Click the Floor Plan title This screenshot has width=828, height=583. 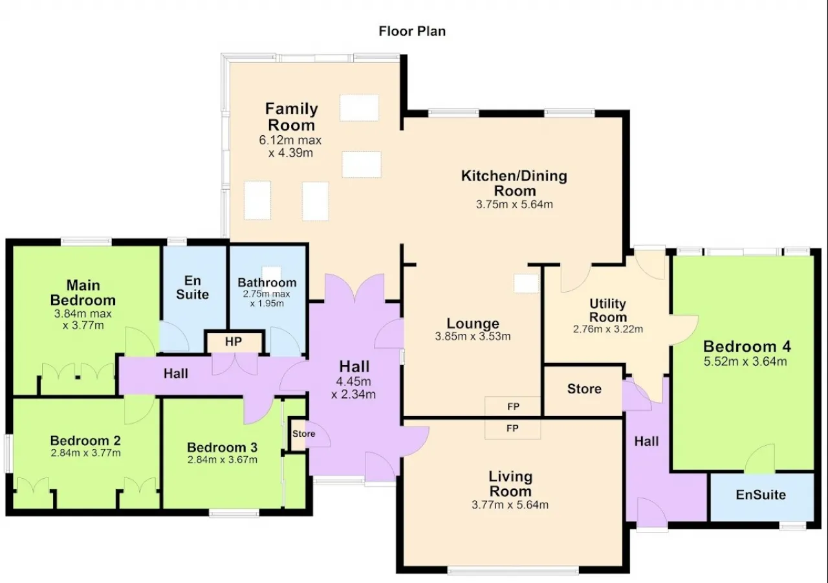pos(412,31)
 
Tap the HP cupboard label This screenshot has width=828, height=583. pos(234,342)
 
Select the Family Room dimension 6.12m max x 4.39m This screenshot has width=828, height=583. pos(290,146)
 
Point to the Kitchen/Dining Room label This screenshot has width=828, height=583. pos(514,183)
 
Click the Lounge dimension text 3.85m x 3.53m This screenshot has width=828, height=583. pos(473,336)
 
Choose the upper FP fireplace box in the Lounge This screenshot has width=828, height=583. pos(513,406)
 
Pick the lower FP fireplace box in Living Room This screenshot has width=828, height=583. pos(513,429)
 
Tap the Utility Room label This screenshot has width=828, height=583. pos(608,311)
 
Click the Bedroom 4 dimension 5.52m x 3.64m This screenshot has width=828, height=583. pos(745,362)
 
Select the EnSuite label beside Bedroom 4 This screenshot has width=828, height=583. pos(761,494)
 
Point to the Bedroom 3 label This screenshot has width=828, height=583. pos(222,447)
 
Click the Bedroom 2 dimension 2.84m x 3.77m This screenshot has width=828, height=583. pos(86,453)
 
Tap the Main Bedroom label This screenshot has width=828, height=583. pos(83,292)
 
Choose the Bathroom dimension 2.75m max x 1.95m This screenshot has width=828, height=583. pos(267,299)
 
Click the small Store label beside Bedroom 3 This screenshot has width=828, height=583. pos(304,434)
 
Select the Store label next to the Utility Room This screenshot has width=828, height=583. pos(584,389)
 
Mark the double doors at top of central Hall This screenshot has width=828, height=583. pos(354,289)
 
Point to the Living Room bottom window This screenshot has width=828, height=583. pos(513,571)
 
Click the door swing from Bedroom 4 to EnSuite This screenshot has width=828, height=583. pos(759,459)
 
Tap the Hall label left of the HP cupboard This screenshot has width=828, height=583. pos(176,373)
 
